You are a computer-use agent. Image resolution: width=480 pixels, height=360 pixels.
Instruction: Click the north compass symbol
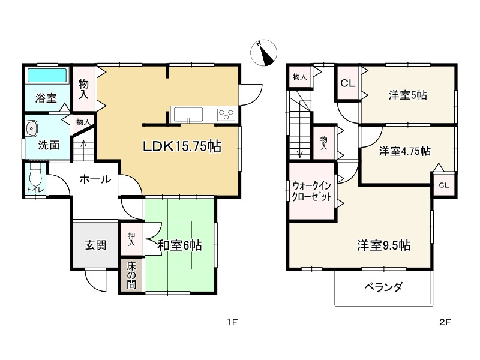[263, 52]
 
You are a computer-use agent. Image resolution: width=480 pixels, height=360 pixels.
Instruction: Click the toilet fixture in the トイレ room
[35, 176]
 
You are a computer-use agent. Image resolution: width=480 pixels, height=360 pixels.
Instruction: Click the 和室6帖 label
[179, 245]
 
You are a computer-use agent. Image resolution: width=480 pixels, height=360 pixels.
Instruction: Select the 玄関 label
[95, 245]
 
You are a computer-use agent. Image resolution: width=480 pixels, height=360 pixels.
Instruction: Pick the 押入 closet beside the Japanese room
[131, 239]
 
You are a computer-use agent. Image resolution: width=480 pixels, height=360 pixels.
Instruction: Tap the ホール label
[94, 179]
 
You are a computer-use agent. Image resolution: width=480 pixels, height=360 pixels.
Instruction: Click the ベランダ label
[383, 287]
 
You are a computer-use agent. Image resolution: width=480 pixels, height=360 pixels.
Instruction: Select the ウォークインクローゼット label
[311, 191]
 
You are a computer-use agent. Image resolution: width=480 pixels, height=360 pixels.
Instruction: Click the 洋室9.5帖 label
[384, 245]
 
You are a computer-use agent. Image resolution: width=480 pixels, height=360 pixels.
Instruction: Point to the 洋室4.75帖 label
[404, 151]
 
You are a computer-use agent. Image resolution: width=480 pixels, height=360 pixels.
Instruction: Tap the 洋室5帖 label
[407, 95]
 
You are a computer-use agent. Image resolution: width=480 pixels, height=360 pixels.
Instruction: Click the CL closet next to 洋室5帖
[347, 83]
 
